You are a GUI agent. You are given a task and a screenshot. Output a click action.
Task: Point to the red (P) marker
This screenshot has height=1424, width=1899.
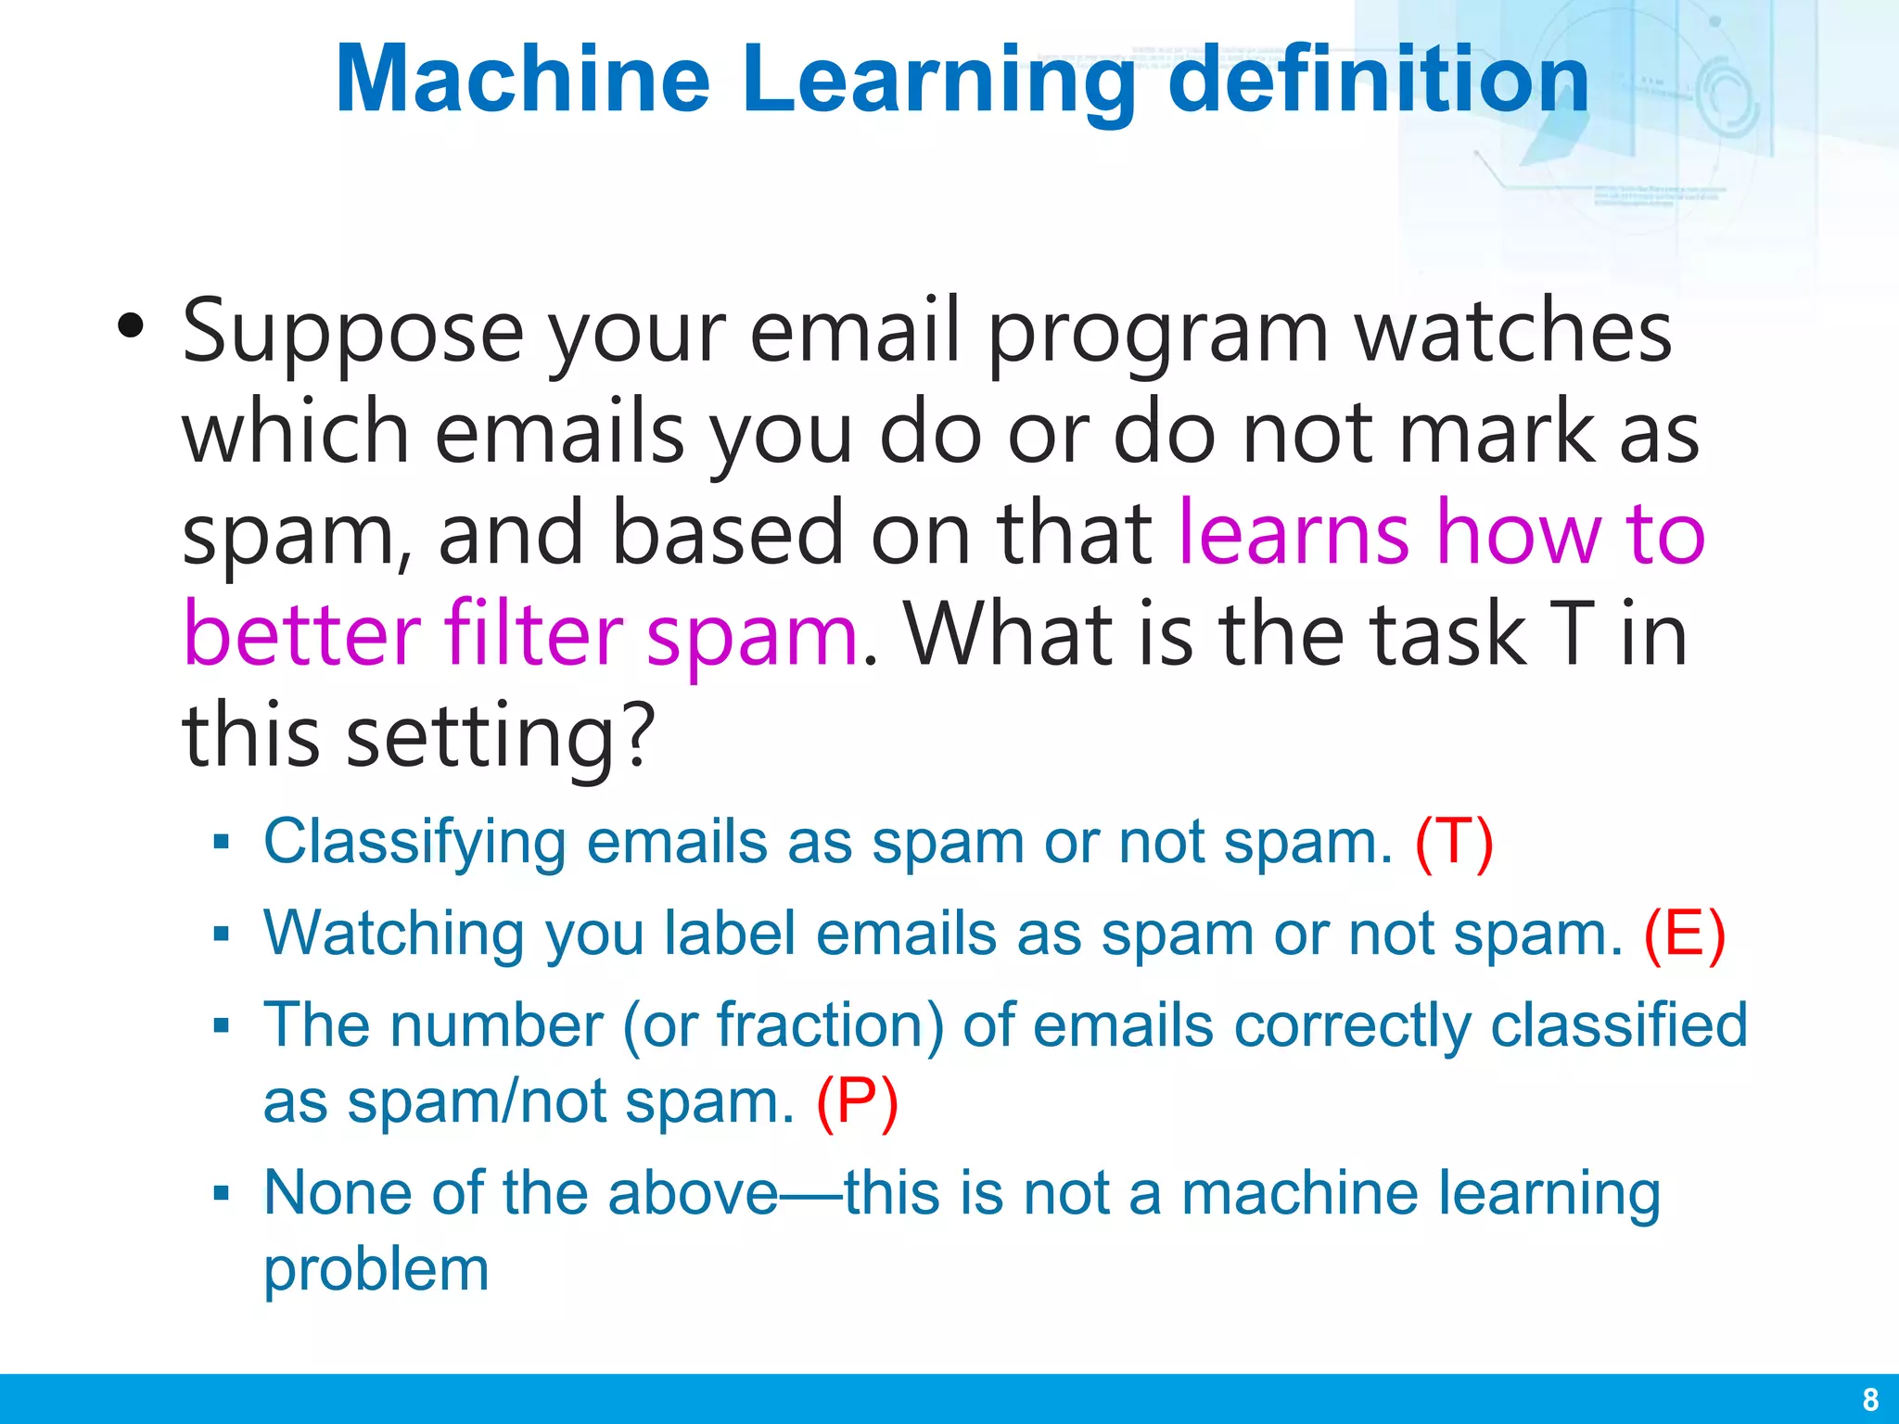(857, 1101)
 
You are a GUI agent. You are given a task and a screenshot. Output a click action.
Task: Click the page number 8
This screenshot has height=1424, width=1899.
(1870, 1399)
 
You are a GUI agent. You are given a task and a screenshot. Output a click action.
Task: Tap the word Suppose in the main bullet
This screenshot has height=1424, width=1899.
(352, 334)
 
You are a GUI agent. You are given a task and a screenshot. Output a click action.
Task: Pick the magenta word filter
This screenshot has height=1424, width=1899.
(534, 635)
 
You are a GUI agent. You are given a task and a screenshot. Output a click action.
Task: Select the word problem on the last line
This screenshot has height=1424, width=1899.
(376, 1270)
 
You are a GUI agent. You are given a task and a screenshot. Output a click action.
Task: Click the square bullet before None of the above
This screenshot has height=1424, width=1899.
(221, 1193)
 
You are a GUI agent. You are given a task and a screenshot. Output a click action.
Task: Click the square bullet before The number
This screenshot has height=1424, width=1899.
(221, 1026)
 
